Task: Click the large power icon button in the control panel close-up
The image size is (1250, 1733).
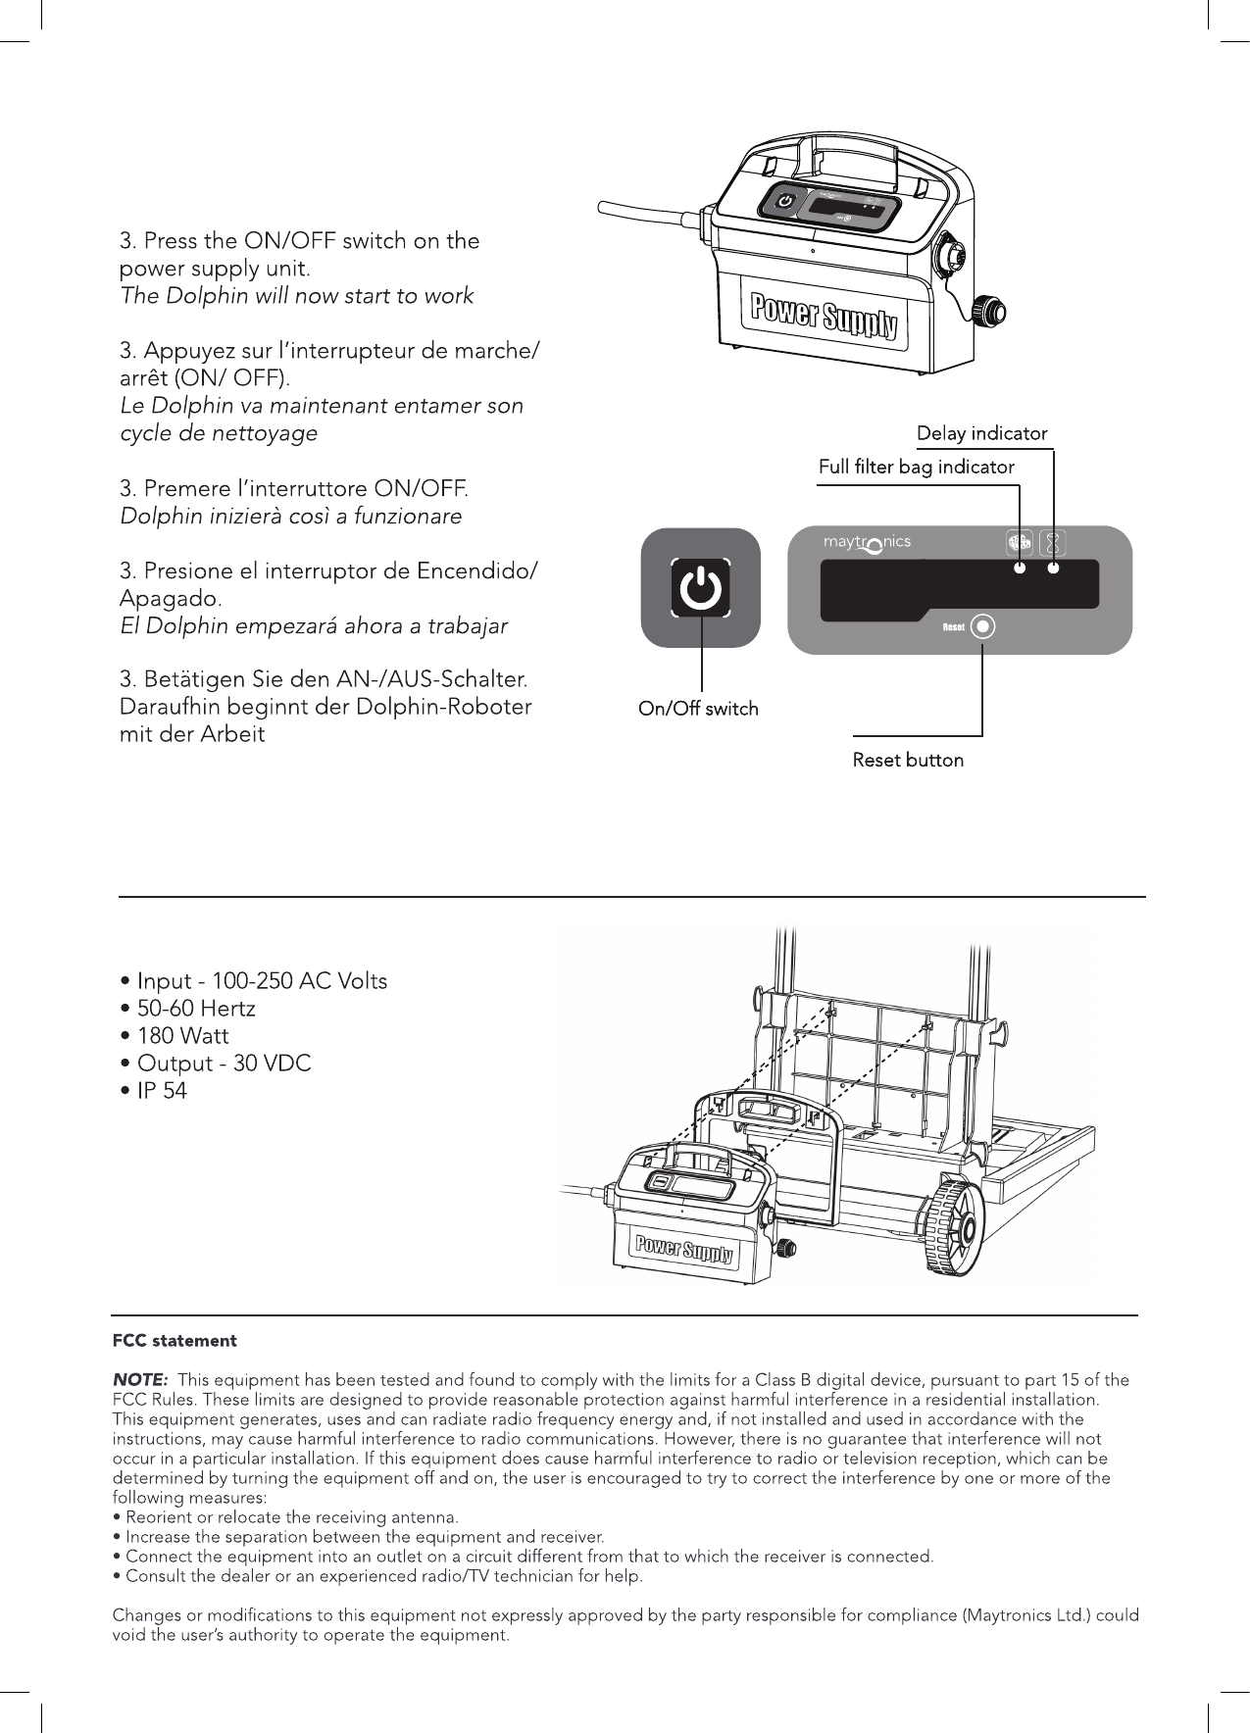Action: [x=701, y=588]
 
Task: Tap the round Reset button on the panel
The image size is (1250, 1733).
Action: [x=981, y=626]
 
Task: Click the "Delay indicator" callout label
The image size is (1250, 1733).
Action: [x=981, y=433]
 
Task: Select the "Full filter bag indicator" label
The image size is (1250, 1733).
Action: [x=916, y=468]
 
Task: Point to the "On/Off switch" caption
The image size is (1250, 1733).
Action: [x=698, y=709]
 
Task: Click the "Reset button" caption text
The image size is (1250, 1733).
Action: [x=908, y=760]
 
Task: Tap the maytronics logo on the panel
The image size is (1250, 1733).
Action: [x=867, y=543]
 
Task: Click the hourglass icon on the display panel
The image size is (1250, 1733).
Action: [x=1053, y=543]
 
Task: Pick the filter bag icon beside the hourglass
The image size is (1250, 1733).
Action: [x=1020, y=543]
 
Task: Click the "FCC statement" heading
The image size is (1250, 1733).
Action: [x=175, y=1340]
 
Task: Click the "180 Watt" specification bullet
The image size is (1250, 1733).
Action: [x=175, y=1036]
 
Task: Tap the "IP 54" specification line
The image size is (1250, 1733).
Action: [x=153, y=1091]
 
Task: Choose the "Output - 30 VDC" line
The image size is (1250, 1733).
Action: [x=216, y=1064]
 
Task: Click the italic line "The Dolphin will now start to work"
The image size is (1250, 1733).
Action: [x=296, y=295]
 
